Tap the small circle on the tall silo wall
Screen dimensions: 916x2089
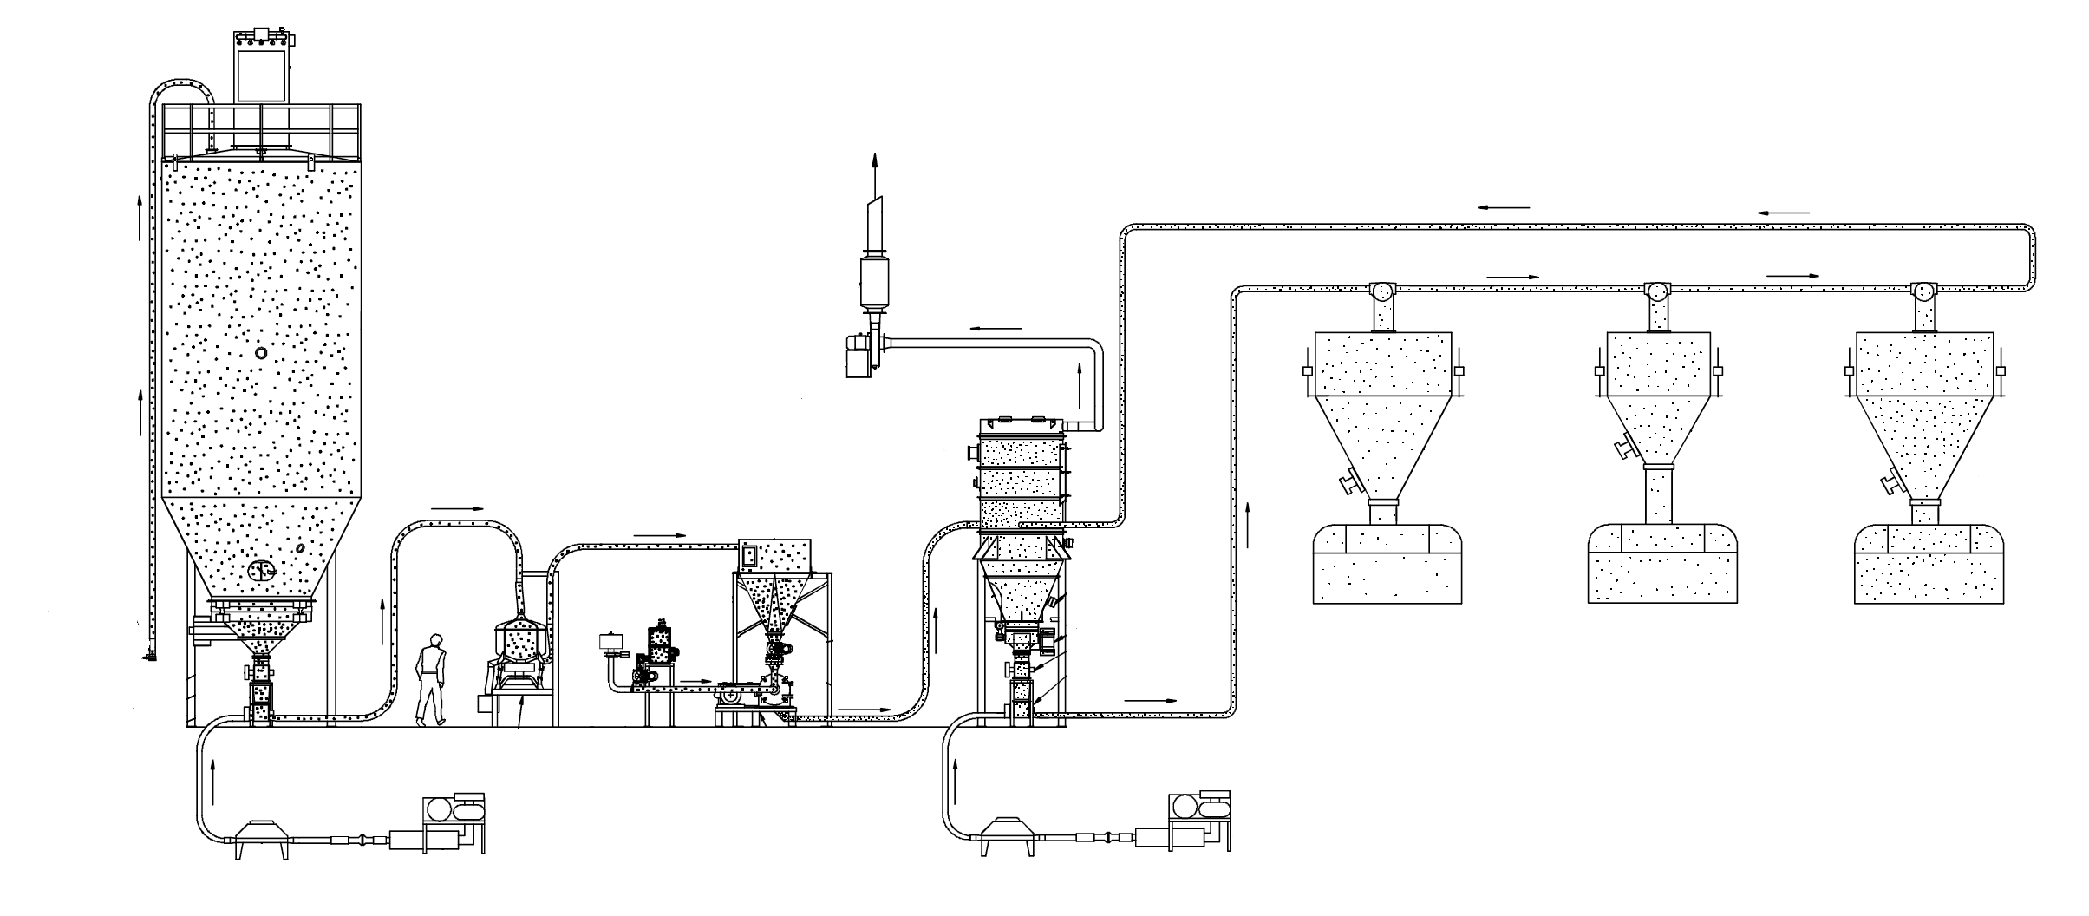pyautogui.click(x=261, y=353)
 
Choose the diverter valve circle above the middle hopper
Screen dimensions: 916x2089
pyautogui.click(x=1658, y=292)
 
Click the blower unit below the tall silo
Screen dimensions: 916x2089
pyautogui.click(x=453, y=820)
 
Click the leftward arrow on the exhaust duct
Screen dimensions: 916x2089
pyautogui.click(x=996, y=329)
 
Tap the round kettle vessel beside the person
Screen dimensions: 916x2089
pyautogui.click(x=519, y=643)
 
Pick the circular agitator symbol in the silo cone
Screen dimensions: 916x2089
pyautogui.click(x=261, y=570)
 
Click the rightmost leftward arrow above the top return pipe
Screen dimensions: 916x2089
pyautogui.click(x=1784, y=213)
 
